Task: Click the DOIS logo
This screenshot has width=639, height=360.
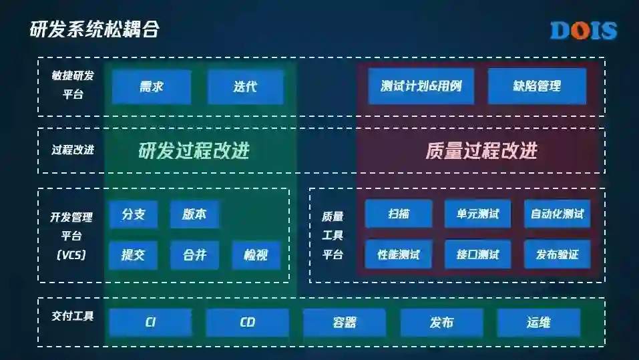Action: click(583, 30)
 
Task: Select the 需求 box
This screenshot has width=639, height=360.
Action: click(152, 87)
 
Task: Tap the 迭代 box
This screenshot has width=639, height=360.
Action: click(245, 87)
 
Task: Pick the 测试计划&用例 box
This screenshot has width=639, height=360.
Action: click(421, 86)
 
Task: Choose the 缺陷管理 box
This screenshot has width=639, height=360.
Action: click(537, 86)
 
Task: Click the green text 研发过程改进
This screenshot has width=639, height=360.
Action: click(194, 151)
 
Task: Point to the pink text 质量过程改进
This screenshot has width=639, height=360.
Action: click(481, 151)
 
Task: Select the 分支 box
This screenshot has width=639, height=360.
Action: click(134, 214)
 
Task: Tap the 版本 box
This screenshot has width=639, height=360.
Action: click(194, 214)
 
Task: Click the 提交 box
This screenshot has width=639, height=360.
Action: click(134, 254)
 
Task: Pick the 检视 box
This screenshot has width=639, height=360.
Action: click(256, 254)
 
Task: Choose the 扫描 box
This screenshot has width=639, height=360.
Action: click(399, 214)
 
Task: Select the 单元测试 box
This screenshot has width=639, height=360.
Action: click(477, 214)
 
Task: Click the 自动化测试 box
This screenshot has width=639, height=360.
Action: click(557, 214)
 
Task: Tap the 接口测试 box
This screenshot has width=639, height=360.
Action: click(477, 254)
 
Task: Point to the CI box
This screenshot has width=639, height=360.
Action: click(150, 323)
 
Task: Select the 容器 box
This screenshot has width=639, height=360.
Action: click(345, 323)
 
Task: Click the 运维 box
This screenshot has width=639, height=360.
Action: click(538, 323)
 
